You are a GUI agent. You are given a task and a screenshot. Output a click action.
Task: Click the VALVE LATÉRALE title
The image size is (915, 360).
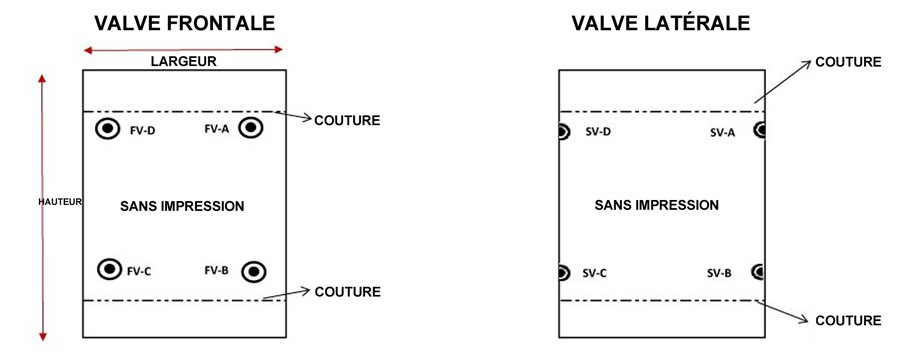tap(660, 23)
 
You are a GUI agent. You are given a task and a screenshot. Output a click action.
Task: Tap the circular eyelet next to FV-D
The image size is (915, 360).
tap(107, 129)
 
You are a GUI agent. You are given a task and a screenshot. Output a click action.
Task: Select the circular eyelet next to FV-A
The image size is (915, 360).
tap(251, 128)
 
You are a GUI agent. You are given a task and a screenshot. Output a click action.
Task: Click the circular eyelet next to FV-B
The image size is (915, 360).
tap(256, 271)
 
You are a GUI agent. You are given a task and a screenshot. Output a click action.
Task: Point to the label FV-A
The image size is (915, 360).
tap(217, 129)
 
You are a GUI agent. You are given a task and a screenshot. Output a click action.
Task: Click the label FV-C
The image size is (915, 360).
tap(139, 270)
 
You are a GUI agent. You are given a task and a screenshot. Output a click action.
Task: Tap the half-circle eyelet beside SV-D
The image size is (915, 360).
tap(563, 131)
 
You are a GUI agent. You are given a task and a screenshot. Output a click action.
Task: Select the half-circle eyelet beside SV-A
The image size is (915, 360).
tap(760, 130)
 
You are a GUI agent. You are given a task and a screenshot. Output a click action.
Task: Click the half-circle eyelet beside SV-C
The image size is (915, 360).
tap(563, 272)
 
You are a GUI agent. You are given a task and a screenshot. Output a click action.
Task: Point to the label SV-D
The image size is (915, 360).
tap(599, 132)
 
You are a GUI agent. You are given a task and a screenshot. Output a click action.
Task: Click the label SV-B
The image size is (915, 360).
tap(720, 273)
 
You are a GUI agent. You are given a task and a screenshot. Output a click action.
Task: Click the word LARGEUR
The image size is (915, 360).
tap(184, 61)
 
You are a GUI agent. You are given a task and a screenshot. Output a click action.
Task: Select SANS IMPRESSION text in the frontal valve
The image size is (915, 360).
tap(182, 206)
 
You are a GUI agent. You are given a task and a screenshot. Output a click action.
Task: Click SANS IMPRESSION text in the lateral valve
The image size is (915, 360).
tap(657, 206)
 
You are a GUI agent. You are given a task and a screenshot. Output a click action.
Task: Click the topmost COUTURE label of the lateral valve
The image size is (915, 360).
tap(848, 62)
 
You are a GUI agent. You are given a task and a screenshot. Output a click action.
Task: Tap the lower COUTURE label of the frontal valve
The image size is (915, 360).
tap(347, 292)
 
